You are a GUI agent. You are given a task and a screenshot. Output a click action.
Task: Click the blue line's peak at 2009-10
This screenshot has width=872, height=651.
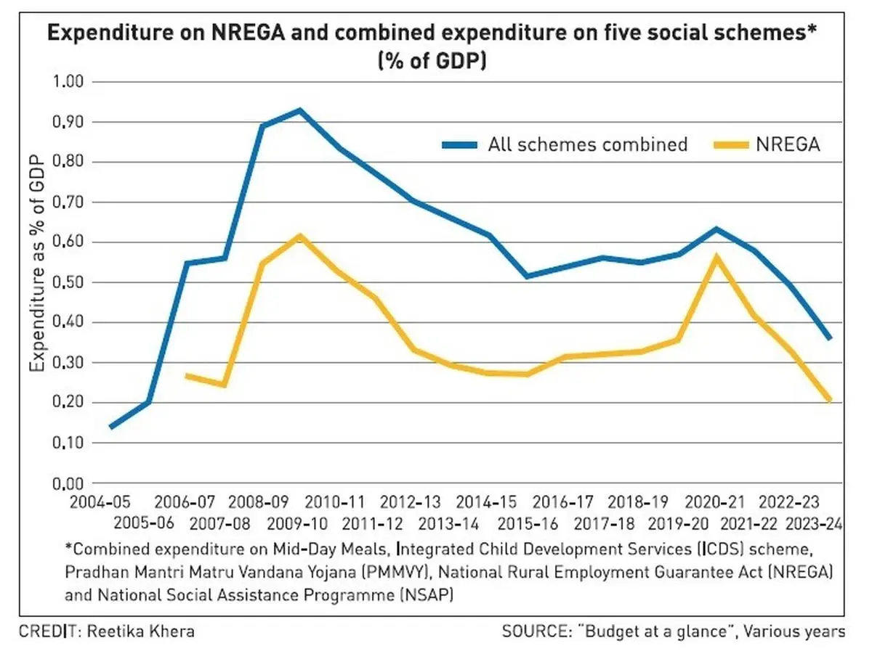[299, 110]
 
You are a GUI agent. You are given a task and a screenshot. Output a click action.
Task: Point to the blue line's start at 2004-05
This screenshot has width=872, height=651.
[110, 427]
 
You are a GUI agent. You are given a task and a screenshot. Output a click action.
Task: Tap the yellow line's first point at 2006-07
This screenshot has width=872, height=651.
[187, 375]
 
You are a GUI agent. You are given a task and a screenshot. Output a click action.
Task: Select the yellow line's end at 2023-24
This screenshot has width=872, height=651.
[829, 400]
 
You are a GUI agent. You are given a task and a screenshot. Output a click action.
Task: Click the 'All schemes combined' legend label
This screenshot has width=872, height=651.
[587, 144]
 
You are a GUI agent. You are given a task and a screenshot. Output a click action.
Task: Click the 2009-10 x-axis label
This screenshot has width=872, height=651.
[297, 523]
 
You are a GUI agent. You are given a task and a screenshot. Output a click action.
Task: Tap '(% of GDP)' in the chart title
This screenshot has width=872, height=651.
[432, 62]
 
